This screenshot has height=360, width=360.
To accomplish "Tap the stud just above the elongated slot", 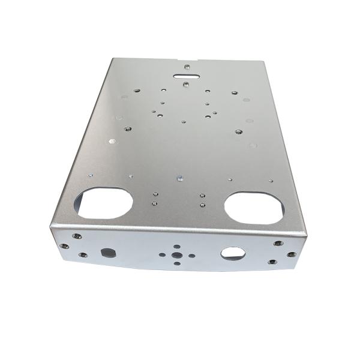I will click(x=187, y=66).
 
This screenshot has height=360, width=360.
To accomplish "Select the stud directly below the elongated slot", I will click(x=185, y=84).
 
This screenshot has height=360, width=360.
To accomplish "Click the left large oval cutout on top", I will click(x=104, y=202).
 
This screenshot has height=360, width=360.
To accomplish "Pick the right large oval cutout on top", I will click(x=254, y=208).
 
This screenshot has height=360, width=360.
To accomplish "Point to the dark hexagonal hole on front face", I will click(x=108, y=253).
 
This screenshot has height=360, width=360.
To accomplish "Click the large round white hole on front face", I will click(x=232, y=253).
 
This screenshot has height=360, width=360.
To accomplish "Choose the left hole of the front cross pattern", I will click(x=162, y=254).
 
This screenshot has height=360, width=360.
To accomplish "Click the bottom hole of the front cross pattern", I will click(x=177, y=262).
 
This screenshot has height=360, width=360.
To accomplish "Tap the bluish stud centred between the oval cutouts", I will click(x=179, y=177).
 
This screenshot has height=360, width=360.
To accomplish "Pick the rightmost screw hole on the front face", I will click(x=292, y=254).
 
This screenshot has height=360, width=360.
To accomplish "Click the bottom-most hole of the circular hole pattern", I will click(x=184, y=122).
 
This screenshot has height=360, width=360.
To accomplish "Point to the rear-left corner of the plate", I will click(x=114, y=59).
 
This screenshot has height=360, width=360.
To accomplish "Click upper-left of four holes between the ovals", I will click(x=155, y=194).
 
